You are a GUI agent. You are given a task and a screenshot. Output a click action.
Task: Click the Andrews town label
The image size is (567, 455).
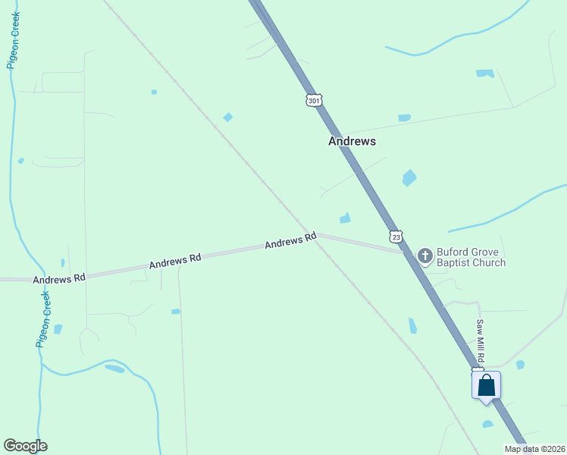352,141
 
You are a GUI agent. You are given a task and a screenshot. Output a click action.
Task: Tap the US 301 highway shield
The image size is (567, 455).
315,100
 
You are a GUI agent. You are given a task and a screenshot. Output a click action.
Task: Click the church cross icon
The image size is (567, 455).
424,256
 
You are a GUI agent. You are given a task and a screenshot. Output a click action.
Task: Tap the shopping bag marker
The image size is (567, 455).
486,385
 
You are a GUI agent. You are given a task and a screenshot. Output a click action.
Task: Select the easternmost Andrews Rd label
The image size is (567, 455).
290,241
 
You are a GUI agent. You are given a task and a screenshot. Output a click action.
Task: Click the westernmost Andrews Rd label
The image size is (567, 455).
59,278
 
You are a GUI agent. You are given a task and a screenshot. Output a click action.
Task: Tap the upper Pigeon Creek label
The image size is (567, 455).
13,40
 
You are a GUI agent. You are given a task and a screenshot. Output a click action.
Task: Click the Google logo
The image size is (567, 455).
25,446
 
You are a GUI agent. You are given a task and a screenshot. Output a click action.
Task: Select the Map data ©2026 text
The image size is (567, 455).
534,449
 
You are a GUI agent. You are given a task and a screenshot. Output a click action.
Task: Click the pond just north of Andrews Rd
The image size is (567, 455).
346,218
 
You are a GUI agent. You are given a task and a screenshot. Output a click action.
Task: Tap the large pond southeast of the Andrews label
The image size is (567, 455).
409,177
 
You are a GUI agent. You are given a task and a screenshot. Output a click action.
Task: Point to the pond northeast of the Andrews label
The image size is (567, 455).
404,118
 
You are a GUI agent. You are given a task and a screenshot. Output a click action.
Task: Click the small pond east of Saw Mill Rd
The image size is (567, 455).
520,365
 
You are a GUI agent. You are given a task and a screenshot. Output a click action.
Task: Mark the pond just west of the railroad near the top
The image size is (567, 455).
227,117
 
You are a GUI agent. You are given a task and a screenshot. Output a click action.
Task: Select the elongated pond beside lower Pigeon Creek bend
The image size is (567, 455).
114,369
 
